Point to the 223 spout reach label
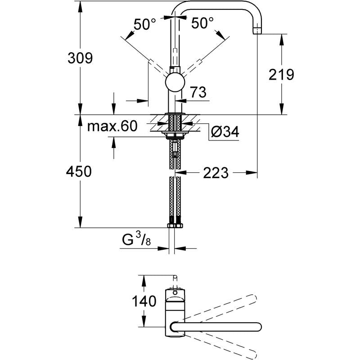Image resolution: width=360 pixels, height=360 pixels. (216, 172)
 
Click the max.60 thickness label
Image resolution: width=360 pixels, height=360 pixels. (112, 126)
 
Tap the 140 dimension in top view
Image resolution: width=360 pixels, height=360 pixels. (144, 300)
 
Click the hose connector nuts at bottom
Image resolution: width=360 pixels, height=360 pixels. (175, 225)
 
